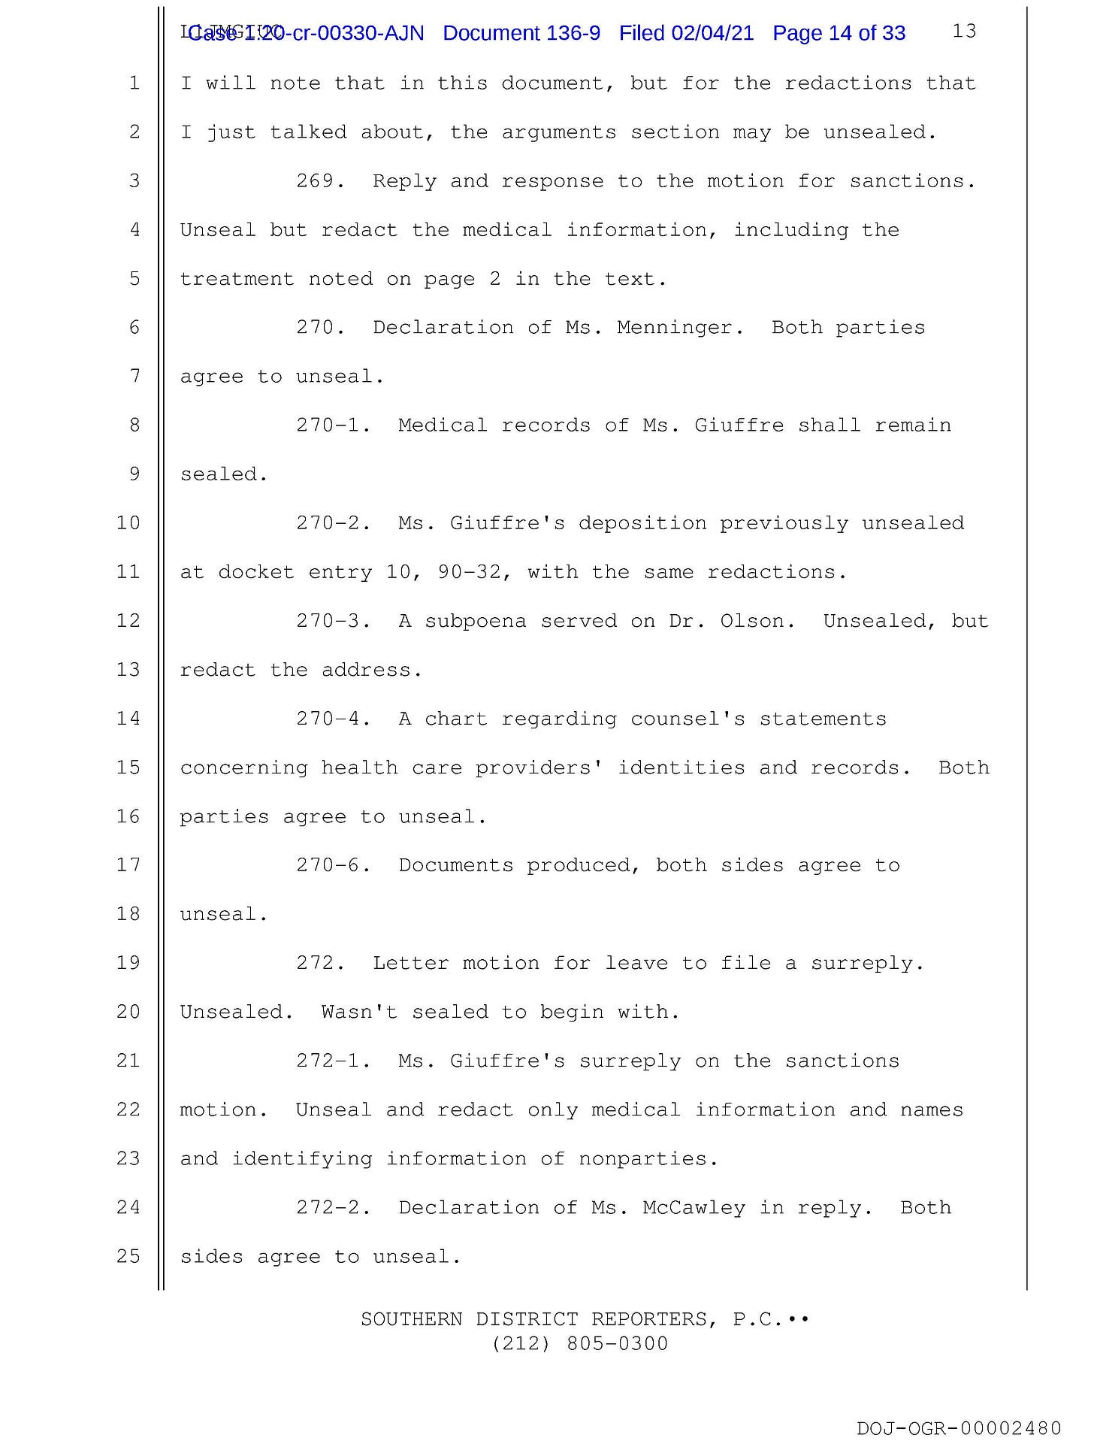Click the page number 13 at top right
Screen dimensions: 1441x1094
[x=964, y=31]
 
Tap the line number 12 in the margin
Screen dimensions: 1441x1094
[x=128, y=621]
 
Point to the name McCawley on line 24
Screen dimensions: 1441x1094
[x=694, y=1207]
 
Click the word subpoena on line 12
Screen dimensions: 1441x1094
[x=475, y=622]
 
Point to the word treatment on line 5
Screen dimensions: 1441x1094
[x=237, y=279]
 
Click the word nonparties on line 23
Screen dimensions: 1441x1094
[x=642, y=1159]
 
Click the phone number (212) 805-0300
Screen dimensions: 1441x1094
[x=579, y=1343]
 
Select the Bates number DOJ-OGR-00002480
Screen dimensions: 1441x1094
[x=959, y=1427]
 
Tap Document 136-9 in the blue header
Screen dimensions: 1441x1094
[x=521, y=33]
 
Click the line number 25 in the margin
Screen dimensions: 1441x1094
[x=128, y=1256]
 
